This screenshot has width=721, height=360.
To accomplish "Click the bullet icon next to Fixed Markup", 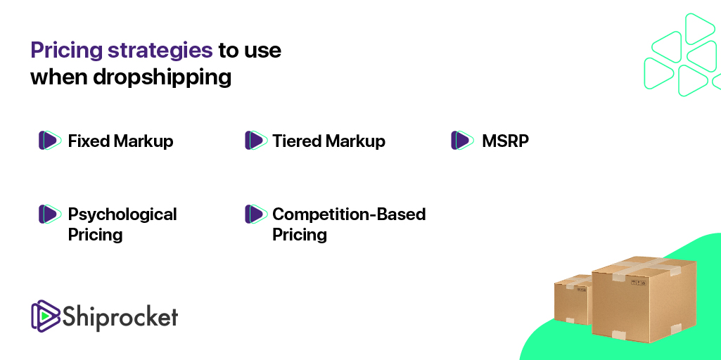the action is pos(50,140).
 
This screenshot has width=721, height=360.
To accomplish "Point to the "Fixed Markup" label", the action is pos(120,141).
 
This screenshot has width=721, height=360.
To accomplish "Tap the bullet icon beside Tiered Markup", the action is pos(256,140).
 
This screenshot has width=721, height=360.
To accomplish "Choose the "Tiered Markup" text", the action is pos(328,141).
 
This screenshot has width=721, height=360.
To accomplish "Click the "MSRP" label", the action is pos(505,141).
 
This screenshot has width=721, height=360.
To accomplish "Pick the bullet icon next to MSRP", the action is pos(463,140).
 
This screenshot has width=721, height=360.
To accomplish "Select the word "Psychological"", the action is pos(122,214).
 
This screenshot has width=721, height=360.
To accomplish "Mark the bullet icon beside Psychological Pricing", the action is pos(50,214).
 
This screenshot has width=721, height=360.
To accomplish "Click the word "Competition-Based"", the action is pos(349,214).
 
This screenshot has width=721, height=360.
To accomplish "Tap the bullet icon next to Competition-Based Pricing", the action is pos(256,214).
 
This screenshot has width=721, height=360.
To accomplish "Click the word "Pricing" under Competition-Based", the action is pos(300,235).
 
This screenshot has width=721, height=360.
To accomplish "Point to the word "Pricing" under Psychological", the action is pos(95,235).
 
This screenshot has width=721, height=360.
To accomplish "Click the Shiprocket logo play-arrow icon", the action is pos(46,316).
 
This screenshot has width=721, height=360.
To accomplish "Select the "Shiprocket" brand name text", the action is pos(120,316).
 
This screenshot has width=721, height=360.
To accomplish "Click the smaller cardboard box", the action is pos(573,300).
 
